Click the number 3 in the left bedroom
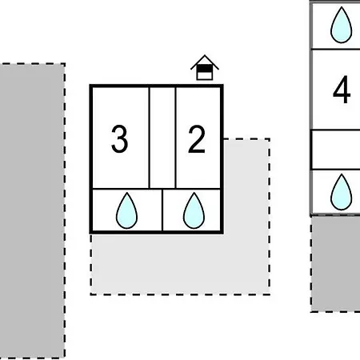(119, 139)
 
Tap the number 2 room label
(197, 139)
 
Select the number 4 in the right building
(342, 90)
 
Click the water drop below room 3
(126, 210)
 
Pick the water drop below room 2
(194, 210)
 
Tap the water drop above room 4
(342, 25)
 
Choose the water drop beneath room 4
(342, 192)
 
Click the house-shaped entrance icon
(205, 68)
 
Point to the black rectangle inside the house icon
(205, 69)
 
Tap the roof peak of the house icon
(205, 55)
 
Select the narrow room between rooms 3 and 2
(162, 138)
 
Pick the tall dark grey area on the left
(32, 210)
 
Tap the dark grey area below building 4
(336, 264)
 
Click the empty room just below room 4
(337, 150)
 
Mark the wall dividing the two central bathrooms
(162, 210)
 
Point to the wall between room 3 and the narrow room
(150, 138)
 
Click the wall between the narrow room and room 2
(175, 138)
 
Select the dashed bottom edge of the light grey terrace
(180, 294)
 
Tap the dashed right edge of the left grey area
(64, 210)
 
